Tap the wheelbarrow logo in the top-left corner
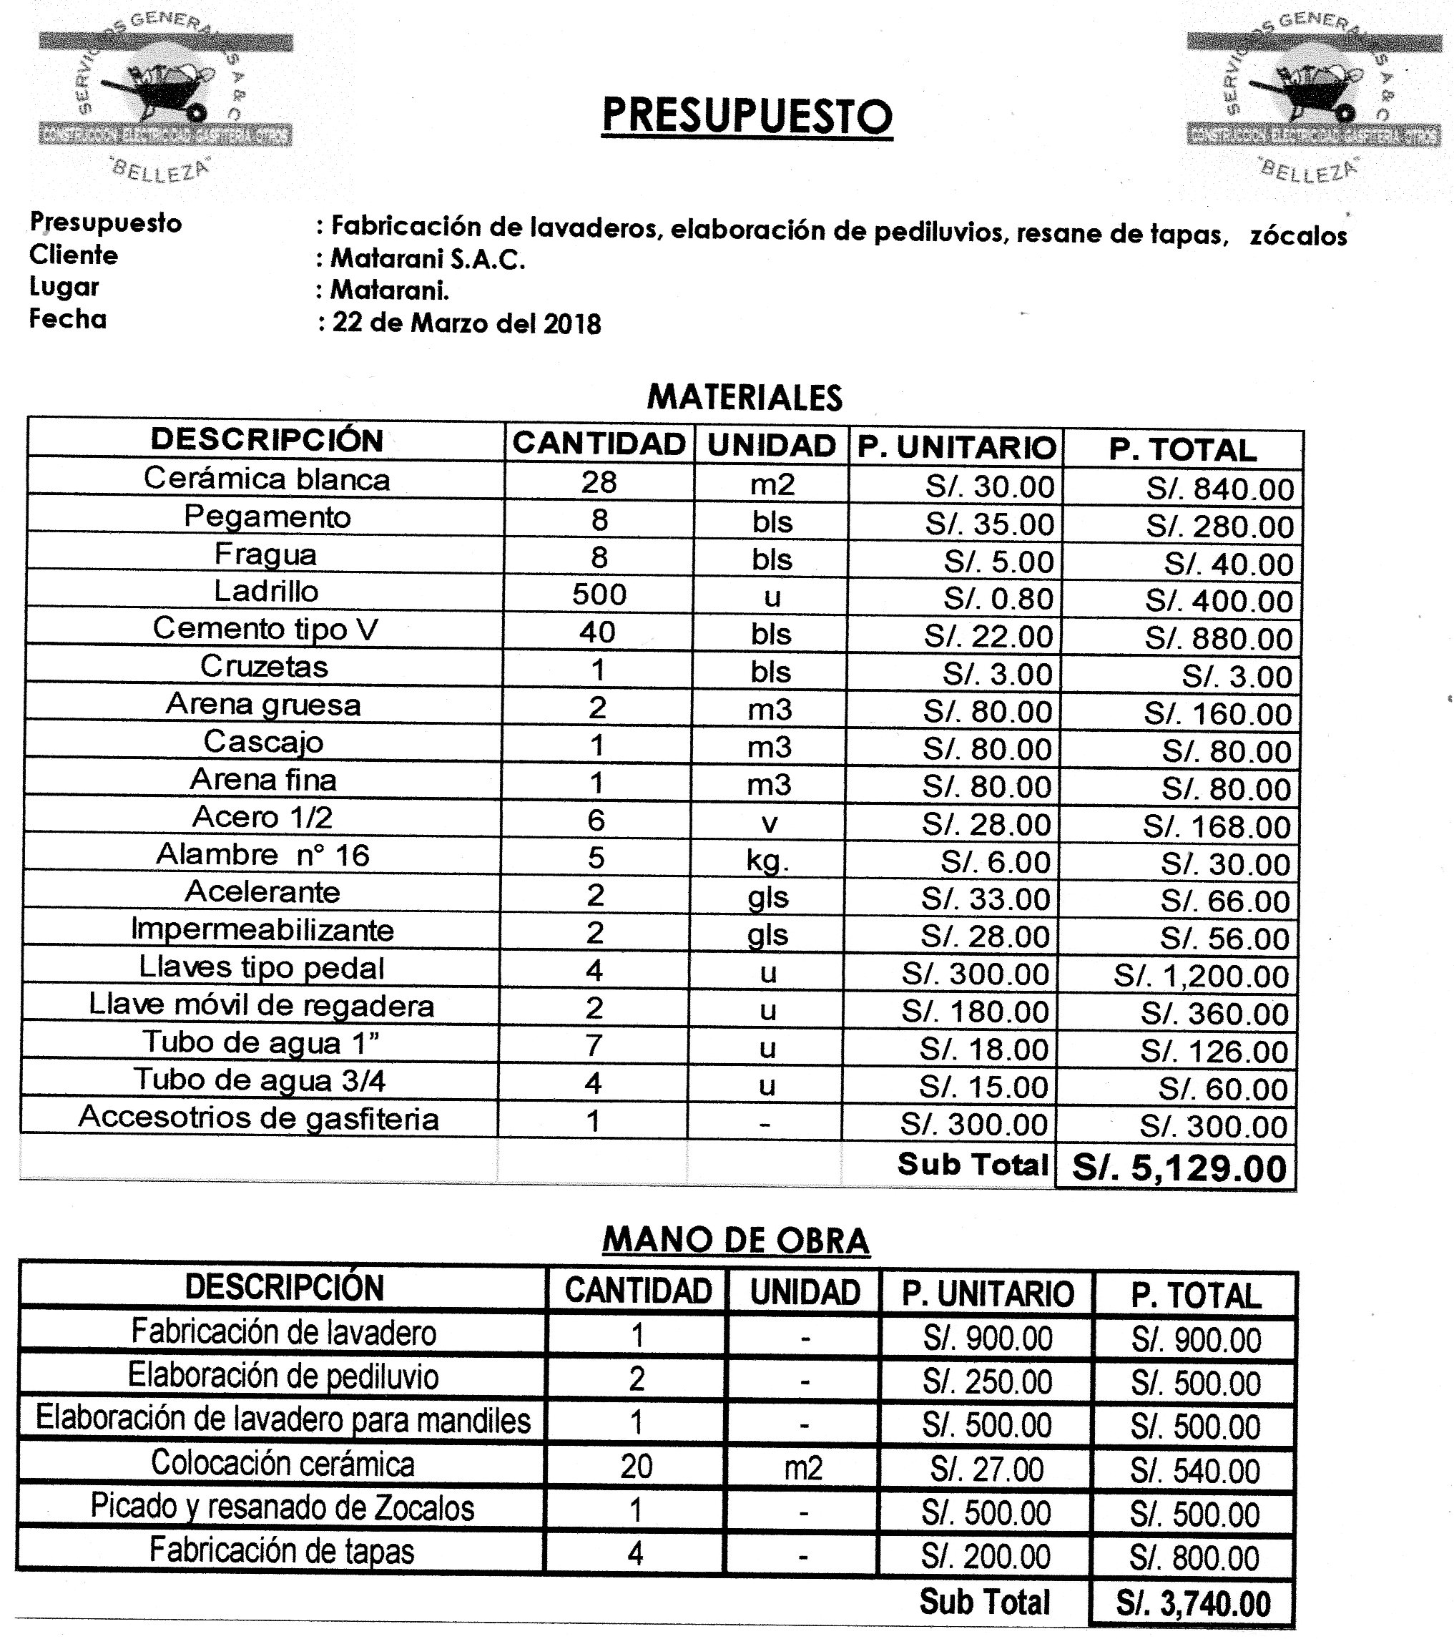click(x=166, y=92)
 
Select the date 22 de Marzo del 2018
click(x=466, y=323)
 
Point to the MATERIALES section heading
click(x=745, y=398)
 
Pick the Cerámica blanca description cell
click(x=267, y=479)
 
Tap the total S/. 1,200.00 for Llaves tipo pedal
click(x=1201, y=975)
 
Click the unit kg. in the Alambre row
click(x=768, y=861)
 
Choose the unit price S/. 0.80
click(x=997, y=598)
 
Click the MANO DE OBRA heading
click(x=736, y=1241)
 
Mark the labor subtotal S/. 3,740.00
click(x=1193, y=1604)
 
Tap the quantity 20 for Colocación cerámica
click(x=637, y=1466)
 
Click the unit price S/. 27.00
click(x=987, y=1469)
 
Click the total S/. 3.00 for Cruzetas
click(x=1237, y=677)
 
